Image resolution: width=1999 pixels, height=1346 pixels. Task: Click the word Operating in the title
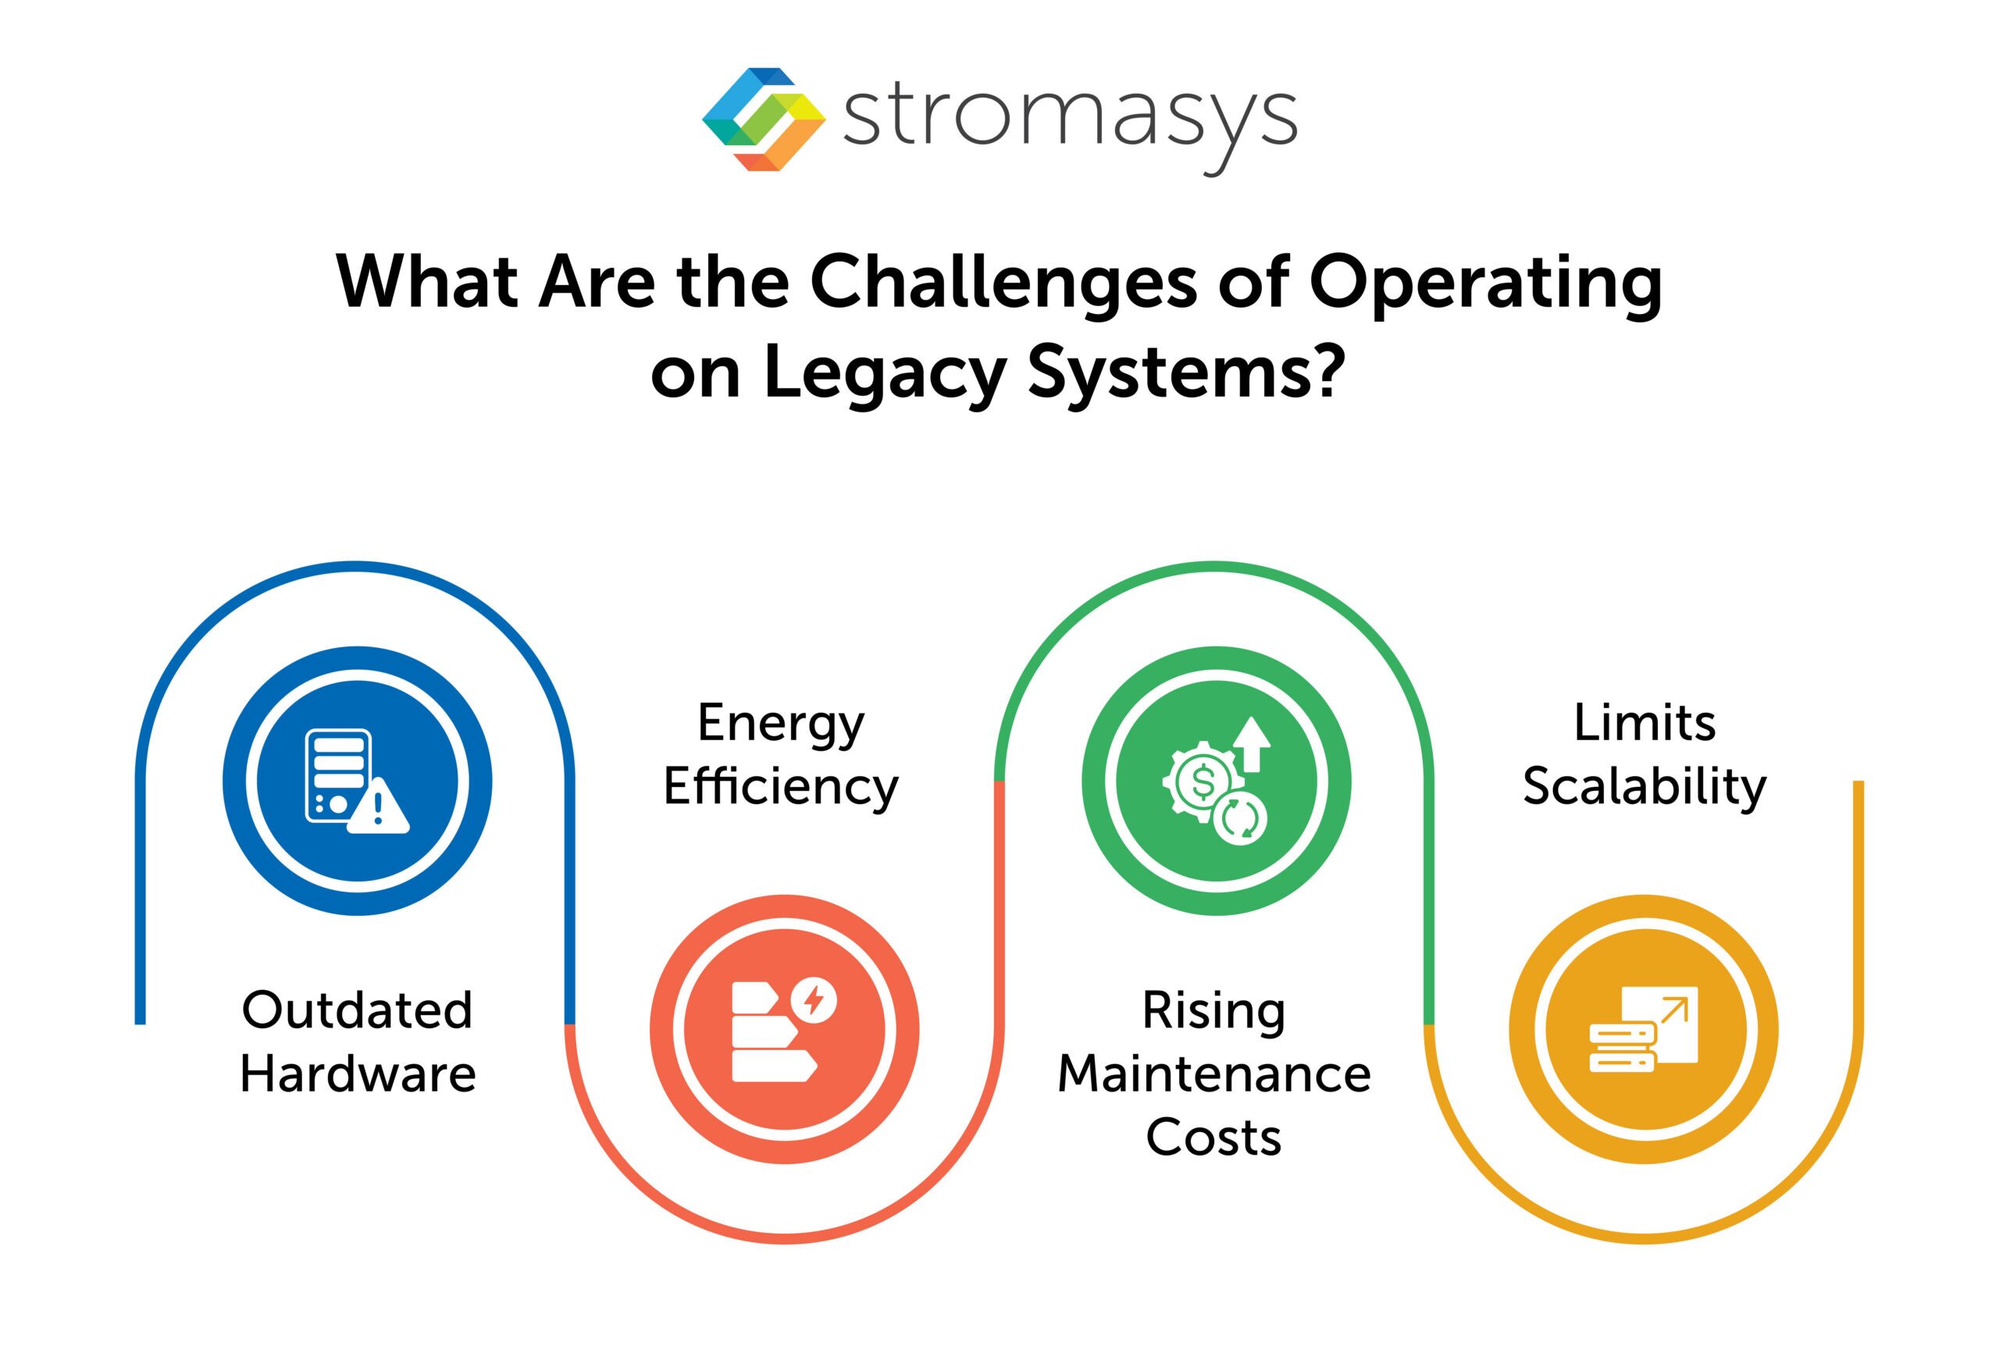[x=1485, y=283]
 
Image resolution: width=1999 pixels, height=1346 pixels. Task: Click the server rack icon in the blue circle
[x=338, y=775]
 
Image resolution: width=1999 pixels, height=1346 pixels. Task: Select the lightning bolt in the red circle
[x=813, y=999]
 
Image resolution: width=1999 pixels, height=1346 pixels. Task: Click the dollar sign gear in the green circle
[x=1203, y=782]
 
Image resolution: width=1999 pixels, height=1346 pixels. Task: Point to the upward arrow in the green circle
[x=1252, y=743]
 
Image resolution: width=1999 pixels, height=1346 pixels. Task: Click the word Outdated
[x=357, y=1010]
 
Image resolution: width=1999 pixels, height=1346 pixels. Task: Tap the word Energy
[x=780, y=724]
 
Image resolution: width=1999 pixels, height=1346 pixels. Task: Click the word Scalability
[x=1644, y=787]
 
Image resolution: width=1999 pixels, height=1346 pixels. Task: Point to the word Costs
[x=1213, y=1138]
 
